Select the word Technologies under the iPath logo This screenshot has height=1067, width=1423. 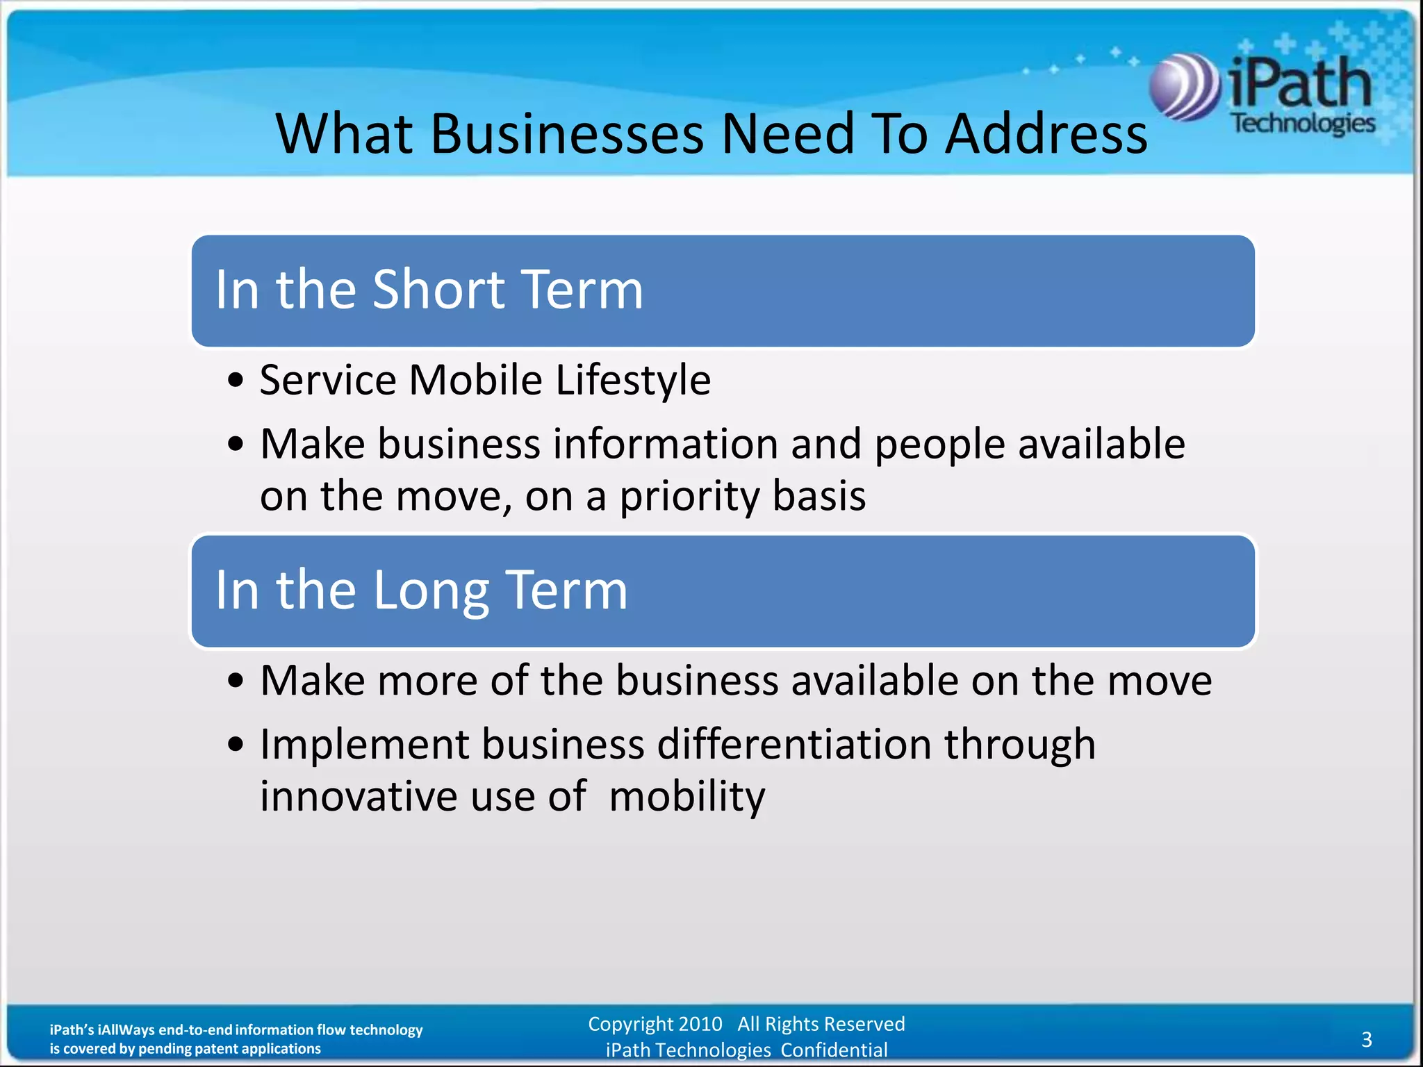[x=1303, y=124]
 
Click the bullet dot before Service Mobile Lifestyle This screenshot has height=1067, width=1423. [x=236, y=381]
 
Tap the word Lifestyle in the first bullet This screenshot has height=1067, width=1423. [x=633, y=381]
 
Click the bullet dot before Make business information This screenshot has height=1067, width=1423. [x=236, y=444]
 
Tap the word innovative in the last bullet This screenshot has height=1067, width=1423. [x=359, y=796]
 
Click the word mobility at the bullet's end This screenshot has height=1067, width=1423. [x=686, y=797]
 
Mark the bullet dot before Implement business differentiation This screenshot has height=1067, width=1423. [x=236, y=745]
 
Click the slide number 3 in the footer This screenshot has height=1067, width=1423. [x=1366, y=1039]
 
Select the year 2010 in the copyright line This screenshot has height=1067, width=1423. [x=700, y=1024]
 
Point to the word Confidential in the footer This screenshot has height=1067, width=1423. [x=834, y=1050]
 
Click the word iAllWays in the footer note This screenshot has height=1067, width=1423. [x=126, y=1029]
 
